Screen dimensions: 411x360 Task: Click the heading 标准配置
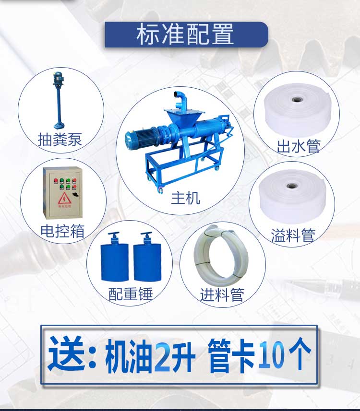click(185, 35)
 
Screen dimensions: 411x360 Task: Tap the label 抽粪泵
click(60, 140)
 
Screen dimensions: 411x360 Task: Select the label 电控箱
click(62, 231)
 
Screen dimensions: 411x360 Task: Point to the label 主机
click(185, 198)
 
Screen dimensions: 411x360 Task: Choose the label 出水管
click(298, 146)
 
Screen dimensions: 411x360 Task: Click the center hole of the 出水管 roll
click(296, 101)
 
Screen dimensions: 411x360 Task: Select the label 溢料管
click(293, 235)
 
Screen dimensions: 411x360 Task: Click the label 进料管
click(222, 294)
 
